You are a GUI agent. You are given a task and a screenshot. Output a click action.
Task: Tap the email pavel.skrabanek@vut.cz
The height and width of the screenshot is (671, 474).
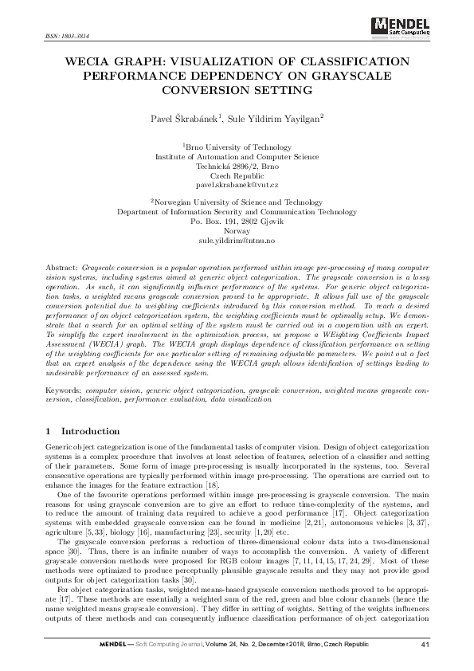pyautogui.click(x=237, y=182)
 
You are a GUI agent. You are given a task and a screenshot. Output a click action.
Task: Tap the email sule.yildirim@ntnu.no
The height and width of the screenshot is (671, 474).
pyautogui.click(x=237, y=239)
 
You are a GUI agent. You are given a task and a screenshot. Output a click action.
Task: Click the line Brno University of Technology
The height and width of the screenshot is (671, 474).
pyautogui.click(x=237, y=147)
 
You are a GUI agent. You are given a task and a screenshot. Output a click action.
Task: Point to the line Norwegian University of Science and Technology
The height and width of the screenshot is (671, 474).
pyautogui.click(x=237, y=203)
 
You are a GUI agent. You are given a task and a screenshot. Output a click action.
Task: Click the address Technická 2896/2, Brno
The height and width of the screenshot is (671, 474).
pyautogui.click(x=237, y=165)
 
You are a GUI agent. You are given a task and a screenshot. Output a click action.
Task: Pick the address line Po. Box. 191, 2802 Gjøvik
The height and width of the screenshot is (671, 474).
pyautogui.click(x=237, y=221)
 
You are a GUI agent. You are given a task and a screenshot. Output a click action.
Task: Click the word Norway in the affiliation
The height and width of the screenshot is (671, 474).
pyautogui.click(x=237, y=230)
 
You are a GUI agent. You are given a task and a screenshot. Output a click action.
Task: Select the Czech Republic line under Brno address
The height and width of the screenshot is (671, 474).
pyautogui.click(x=237, y=174)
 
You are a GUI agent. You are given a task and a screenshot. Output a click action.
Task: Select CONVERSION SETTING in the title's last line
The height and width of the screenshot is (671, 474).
pyautogui.click(x=237, y=89)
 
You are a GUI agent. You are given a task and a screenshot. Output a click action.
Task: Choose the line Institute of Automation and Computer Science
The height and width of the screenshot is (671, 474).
pyautogui.click(x=237, y=156)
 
